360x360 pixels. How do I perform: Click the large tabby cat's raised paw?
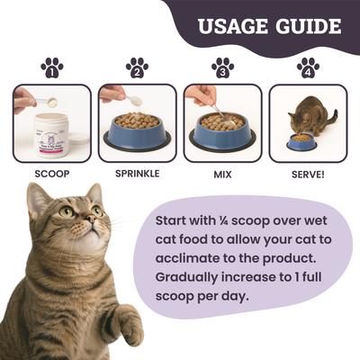127,324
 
